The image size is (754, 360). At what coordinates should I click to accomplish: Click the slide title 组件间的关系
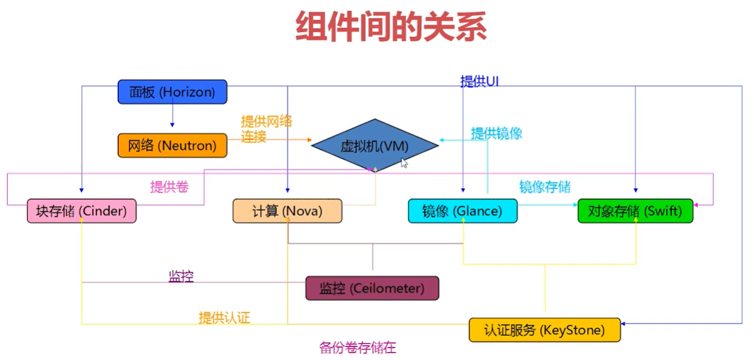click(391, 26)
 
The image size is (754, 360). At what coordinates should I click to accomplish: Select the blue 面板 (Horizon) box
click(172, 92)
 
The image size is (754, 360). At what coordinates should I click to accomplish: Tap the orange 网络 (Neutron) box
click(172, 145)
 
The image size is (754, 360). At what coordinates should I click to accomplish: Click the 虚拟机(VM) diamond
click(374, 146)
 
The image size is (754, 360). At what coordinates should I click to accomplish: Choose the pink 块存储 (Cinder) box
click(82, 211)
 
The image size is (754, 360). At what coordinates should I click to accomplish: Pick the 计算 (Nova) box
click(287, 211)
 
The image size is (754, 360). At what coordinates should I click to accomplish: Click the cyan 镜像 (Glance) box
click(462, 211)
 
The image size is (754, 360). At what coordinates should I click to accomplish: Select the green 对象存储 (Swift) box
click(635, 211)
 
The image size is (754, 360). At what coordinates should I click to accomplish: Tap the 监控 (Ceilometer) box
click(372, 288)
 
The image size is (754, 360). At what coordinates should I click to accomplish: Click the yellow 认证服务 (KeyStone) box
click(545, 330)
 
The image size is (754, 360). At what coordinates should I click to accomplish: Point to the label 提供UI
click(479, 82)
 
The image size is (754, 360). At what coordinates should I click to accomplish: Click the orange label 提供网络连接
click(266, 129)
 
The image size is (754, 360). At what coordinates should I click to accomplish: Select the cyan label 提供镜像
click(497, 134)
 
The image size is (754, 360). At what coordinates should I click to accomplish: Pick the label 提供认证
click(224, 318)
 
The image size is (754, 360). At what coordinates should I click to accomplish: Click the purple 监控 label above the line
click(181, 276)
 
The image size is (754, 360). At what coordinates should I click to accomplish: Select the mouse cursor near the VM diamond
click(404, 163)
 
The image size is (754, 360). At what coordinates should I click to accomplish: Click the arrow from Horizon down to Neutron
click(172, 116)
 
